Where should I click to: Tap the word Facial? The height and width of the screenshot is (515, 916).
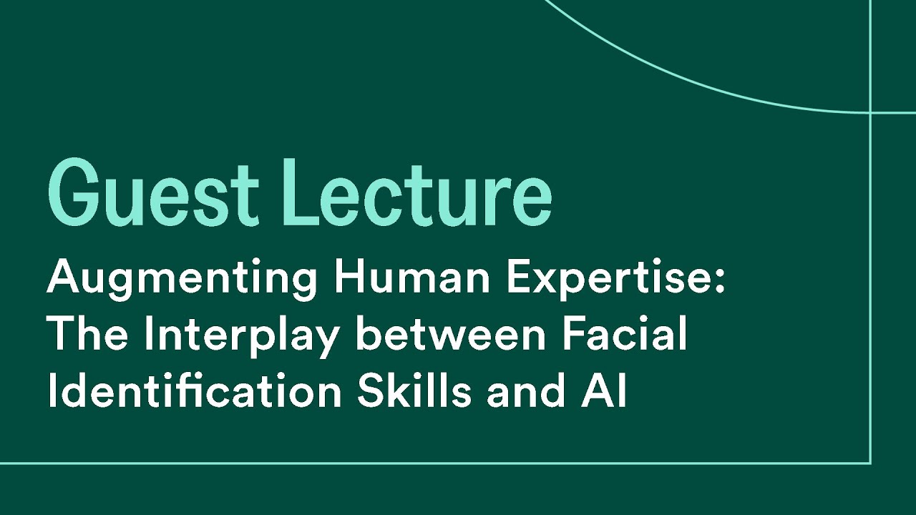coord(622,334)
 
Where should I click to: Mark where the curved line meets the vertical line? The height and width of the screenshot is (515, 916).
coord(870,112)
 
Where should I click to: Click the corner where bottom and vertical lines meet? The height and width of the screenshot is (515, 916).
coord(870,463)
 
